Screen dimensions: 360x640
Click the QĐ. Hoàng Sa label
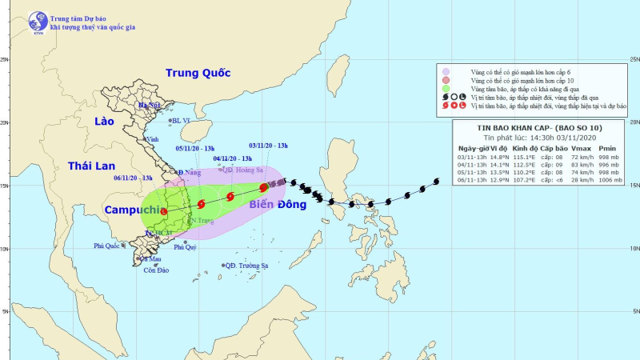coord(245,170)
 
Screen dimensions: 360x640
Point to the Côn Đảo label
coord(156,270)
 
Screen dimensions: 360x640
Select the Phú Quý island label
coord(185,247)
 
